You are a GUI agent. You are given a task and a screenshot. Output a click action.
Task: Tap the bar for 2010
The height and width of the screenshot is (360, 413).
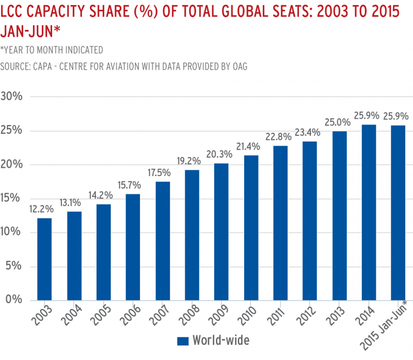[x=251, y=227]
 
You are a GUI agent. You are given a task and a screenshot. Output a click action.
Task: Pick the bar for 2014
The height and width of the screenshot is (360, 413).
[x=369, y=212]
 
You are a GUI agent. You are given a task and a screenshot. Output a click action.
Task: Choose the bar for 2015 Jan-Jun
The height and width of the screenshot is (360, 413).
[x=398, y=212]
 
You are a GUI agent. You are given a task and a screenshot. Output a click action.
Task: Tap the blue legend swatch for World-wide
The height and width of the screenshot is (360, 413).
[x=182, y=340]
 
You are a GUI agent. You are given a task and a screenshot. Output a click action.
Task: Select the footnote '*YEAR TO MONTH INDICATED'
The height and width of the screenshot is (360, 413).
[x=52, y=50]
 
